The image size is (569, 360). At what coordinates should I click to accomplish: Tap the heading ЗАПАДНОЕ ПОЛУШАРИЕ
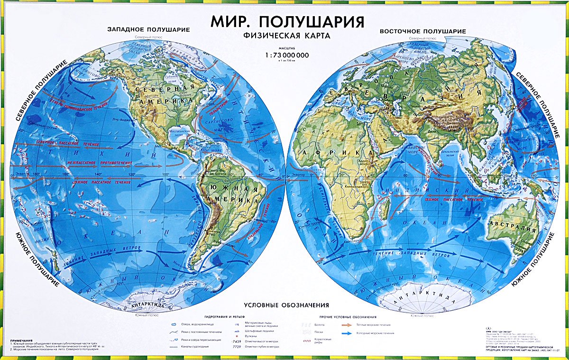click(x=148, y=29)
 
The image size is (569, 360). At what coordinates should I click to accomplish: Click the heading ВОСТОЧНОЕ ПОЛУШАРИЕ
click(x=422, y=31)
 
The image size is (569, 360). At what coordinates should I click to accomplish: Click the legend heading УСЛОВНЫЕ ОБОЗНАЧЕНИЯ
click(x=286, y=305)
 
